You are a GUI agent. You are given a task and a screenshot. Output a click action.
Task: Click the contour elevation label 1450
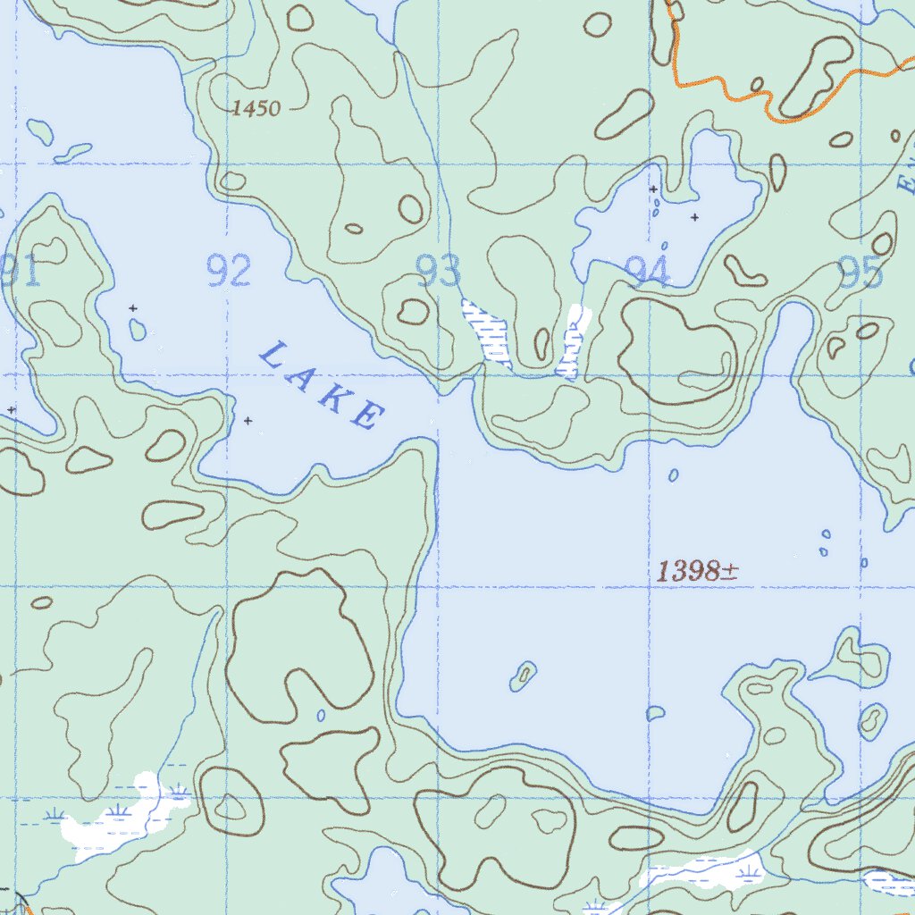click(256, 109)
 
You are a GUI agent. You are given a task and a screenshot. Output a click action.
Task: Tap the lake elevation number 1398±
click(696, 572)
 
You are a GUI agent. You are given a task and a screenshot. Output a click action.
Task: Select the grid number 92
click(228, 271)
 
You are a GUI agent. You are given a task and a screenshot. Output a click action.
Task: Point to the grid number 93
click(439, 271)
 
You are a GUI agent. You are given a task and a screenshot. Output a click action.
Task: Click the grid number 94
click(648, 271)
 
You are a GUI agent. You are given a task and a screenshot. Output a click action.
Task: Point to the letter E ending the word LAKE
click(366, 416)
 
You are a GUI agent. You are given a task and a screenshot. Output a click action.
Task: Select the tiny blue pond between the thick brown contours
click(321, 716)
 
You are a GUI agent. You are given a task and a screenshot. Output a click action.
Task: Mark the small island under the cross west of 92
click(137, 330)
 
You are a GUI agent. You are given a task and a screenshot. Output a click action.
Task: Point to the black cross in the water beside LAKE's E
click(248, 420)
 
